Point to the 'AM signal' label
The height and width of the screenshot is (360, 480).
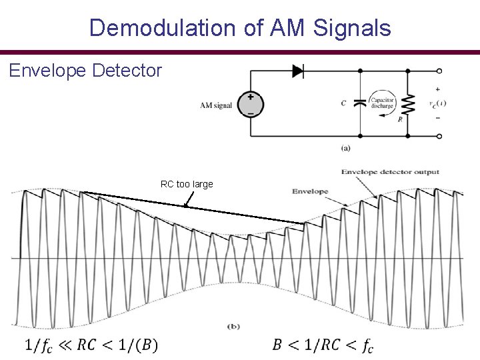pyautogui.click(x=216, y=105)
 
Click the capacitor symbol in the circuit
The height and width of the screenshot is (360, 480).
pyautogui.click(x=361, y=103)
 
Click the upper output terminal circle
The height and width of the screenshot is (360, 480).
pyautogui.click(x=439, y=70)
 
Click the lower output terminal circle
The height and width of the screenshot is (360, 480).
pyautogui.click(x=439, y=135)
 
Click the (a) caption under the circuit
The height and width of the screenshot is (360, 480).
pyautogui.click(x=345, y=148)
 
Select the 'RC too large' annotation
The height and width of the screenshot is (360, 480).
pyautogui.click(x=187, y=184)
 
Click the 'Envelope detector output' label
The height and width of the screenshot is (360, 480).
pyautogui.click(x=391, y=172)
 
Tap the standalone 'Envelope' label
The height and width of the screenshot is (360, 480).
pyautogui.click(x=310, y=191)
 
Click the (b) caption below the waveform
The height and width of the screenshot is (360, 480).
pyautogui.click(x=234, y=326)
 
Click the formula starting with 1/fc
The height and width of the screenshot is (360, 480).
pyautogui.click(x=91, y=345)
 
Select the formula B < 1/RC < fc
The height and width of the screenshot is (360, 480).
pyautogui.click(x=323, y=345)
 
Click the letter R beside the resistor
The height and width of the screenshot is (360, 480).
pyautogui.click(x=400, y=119)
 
